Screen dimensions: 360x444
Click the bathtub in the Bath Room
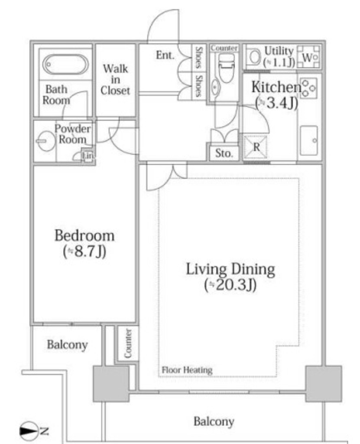[x=65, y=65]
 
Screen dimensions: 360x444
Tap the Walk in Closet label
[x=115, y=80]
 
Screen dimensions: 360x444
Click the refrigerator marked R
[x=256, y=147]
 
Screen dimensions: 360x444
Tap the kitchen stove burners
[x=308, y=88]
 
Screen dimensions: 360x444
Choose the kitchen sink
[x=309, y=141]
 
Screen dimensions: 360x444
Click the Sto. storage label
[x=224, y=153]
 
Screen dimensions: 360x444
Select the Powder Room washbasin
[x=45, y=141]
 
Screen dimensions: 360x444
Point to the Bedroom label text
[x=84, y=235]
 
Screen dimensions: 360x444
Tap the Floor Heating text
[x=187, y=370]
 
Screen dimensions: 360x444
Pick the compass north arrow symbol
[x=29, y=431]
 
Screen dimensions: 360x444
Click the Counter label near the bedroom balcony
[x=128, y=343]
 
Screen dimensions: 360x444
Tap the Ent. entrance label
[x=165, y=55]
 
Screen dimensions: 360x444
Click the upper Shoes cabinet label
[x=199, y=58]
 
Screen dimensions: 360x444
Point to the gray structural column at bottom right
[x=324, y=383]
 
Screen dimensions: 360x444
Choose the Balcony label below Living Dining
[x=214, y=421]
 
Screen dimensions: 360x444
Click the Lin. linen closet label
[x=88, y=156]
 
